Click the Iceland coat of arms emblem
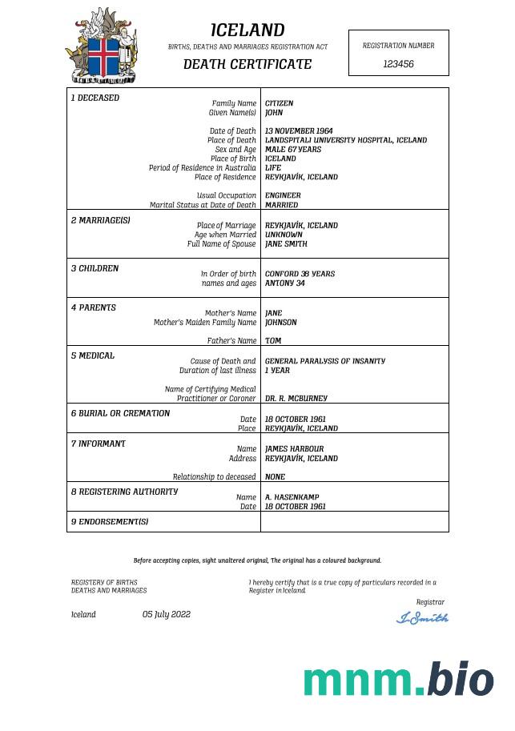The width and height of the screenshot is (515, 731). point(101,46)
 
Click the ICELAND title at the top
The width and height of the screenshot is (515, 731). point(247,30)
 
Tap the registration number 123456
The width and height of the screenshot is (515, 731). point(398,63)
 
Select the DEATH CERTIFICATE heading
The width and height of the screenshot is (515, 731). point(247,64)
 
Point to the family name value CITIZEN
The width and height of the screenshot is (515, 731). point(280,103)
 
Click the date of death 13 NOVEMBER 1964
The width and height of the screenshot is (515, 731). point(299,131)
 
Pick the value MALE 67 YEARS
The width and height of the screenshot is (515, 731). point(293,149)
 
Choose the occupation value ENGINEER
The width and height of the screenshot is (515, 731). point(283,195)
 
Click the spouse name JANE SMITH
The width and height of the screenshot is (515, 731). point(286,244)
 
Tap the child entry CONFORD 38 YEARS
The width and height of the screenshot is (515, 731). point(300,274)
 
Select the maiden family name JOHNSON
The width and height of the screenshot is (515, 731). point(281,323)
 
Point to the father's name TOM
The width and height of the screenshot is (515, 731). point(273,341)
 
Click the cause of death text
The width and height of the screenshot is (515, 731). point(324,361)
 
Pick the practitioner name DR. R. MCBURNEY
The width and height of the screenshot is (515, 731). point(296,398)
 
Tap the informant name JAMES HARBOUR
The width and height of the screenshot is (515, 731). point(294,449)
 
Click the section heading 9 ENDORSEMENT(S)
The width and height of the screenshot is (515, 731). point(110,522)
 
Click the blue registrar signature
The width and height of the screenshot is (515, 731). point(423,617)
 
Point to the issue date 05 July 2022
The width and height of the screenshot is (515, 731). point(167,615)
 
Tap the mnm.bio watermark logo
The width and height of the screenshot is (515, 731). point(398,680)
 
